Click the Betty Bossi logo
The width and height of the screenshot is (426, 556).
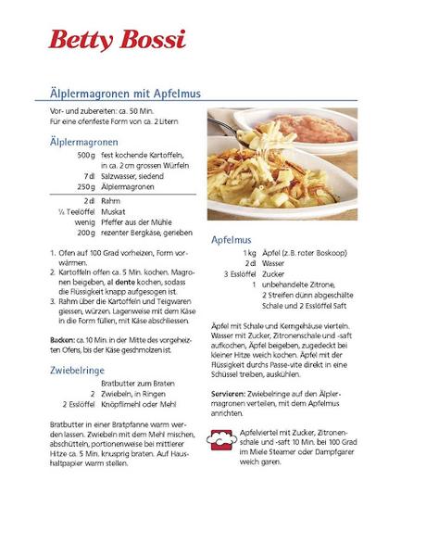click(x=118, y=39)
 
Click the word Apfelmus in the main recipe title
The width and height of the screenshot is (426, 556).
click(x=169, y=94)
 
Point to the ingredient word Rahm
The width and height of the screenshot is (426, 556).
click(x=110, y=199)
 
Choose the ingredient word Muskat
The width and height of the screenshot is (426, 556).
click(x=114, y=211)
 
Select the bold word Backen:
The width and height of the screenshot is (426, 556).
click(x=63, y=340)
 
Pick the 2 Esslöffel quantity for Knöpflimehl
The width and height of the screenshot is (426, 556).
click(x=79, y=404)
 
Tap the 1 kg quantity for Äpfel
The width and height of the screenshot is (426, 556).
click(x=249, y=252)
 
